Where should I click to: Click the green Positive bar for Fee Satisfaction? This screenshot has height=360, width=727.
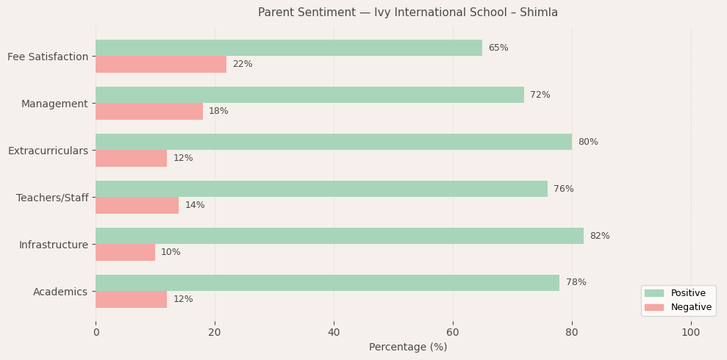289,48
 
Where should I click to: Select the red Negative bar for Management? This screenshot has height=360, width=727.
149,111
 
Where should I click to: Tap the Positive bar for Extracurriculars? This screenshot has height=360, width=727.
334,142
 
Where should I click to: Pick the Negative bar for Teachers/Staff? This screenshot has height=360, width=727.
137,205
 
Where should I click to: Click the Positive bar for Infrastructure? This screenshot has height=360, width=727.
340,236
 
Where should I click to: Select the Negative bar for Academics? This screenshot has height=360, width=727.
131,299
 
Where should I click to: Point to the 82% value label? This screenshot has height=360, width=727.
599,236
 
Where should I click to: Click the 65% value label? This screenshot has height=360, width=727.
498,48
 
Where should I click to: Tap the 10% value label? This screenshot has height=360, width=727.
171,252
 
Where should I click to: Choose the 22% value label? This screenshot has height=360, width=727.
242,64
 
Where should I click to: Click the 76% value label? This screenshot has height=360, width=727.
563,189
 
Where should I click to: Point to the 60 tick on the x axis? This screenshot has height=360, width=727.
453,333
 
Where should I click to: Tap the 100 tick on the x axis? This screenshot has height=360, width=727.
691,333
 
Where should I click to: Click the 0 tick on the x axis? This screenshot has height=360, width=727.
96,333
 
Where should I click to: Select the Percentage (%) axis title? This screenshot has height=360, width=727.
408,348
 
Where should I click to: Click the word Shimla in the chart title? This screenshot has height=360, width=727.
539,12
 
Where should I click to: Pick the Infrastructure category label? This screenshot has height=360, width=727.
53,245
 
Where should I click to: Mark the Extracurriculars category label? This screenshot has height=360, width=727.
48,151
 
